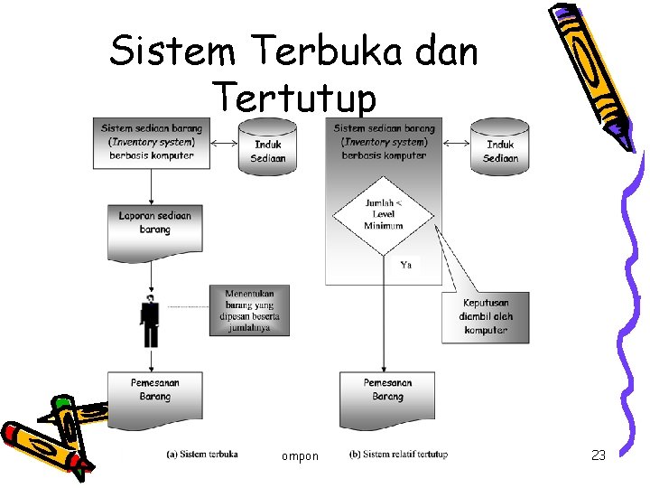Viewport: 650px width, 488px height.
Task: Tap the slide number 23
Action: (x=598, y=455)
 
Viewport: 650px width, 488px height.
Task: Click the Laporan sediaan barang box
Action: (x=154, y=224)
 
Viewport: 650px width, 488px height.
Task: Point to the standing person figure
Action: (x=150, y=322)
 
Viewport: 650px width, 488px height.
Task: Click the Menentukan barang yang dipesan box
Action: (x=251, y=311)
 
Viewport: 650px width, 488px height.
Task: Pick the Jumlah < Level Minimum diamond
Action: (x=383, y=214)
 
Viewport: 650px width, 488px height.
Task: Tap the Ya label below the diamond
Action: (x=406, y=265)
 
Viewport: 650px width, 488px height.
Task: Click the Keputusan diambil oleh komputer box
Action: (x=485, y=316)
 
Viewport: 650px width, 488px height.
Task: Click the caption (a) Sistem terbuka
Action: (x=202, y=454)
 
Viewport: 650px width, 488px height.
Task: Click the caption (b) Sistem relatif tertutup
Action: (x=398, y=454)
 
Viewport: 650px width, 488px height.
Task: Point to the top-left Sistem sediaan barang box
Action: (x=151, y=143)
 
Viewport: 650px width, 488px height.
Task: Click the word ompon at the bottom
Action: (x=300, y=456)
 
